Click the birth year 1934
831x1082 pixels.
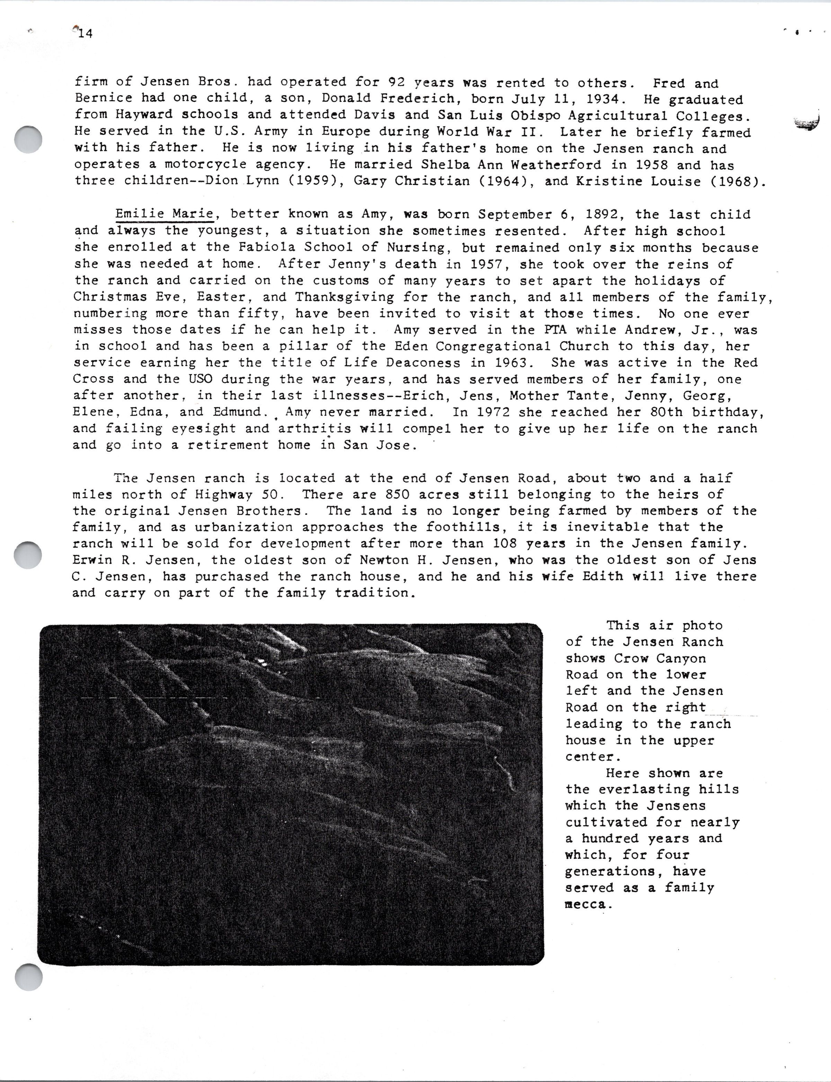[602, 99]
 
